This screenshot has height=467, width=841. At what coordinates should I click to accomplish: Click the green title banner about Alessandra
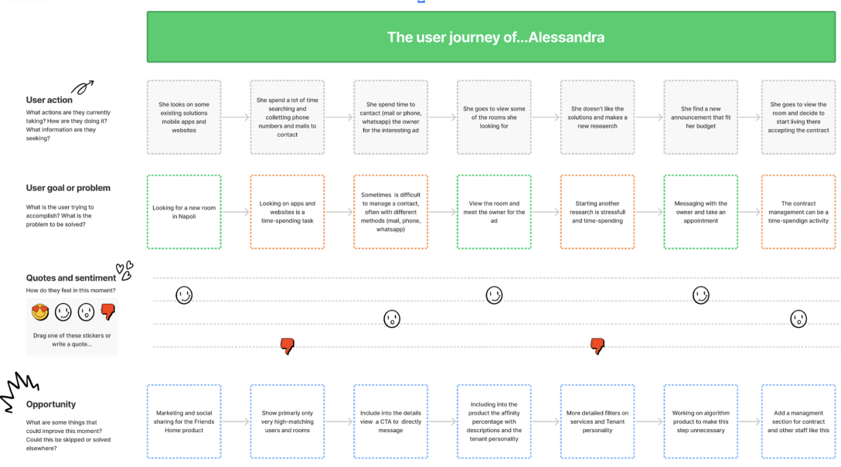[x=491, y=37]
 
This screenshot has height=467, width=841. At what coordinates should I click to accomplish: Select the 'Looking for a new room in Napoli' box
[x=184, y=212]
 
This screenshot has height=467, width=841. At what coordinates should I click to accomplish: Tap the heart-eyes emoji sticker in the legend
[x=40, y=312]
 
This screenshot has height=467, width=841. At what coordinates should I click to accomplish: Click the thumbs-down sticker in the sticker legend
[x=107, y=312]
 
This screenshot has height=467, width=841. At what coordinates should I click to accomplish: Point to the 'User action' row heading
[x=49, y=100]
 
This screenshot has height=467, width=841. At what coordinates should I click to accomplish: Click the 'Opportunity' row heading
[x=51, y=404]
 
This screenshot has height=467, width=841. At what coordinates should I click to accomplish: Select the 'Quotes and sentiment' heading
[x=71, y=278]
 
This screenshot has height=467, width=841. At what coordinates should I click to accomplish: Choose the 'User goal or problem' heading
[x=68, y=188]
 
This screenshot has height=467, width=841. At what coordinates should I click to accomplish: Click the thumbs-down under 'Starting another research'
[x=598, y=346]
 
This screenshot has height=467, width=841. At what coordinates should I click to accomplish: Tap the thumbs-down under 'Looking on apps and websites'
[x=288, y=346]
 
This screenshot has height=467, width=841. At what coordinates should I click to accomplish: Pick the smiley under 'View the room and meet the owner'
[x=494, y=295]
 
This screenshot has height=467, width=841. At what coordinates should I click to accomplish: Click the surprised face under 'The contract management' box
[x=798, y=319]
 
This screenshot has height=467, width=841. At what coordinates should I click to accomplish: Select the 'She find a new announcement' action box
[x=700, y=117]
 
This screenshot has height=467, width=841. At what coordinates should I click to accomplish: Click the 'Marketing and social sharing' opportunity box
[x=184, y=421]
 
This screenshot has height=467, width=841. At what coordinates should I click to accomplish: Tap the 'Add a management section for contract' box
[x=798, y=421]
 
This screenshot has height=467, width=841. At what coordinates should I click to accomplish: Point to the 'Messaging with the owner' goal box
[x=700, y=212]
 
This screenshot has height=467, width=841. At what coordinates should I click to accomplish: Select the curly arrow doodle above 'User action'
[x=83, y=87]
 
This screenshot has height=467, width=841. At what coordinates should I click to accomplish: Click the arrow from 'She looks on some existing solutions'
[x=236, y=117]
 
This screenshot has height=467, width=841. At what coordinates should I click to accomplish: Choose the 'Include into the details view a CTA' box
[x=390, y=421]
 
